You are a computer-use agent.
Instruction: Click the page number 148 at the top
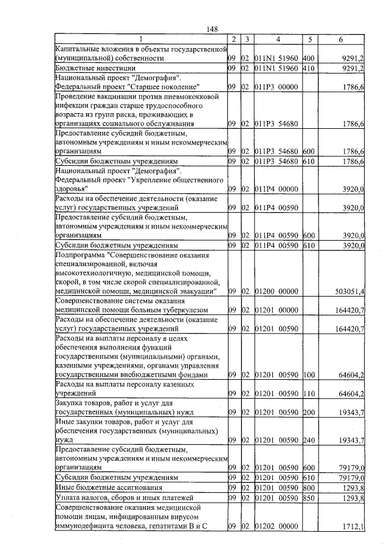(212, 29)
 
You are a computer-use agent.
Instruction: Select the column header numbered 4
(277, 40)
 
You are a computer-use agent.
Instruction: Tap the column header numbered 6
(340, 40)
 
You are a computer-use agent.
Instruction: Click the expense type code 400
(308, 58)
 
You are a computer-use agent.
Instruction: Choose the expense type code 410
(308, 69)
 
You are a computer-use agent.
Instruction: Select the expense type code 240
(308, 439)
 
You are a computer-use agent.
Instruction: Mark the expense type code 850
(308, 498)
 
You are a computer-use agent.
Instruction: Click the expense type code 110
(308, 393)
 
